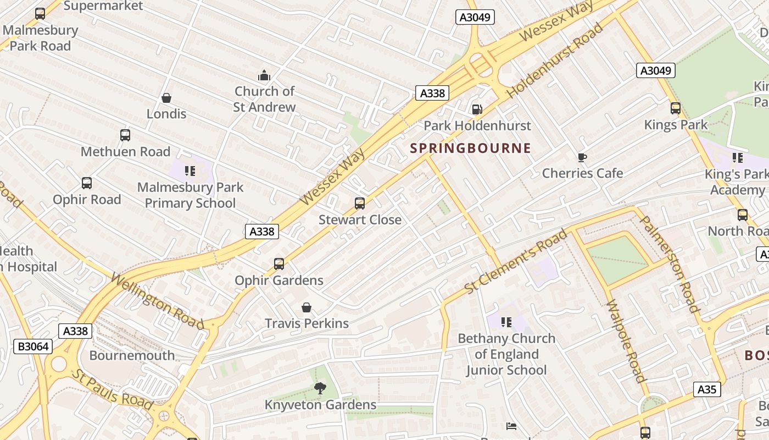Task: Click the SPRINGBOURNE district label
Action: (471, 148)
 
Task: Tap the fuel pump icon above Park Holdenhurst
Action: (477, 109)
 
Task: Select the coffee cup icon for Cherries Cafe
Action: (582, 158)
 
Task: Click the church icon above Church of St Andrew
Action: (264, 75)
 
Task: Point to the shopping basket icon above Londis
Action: (166, 98)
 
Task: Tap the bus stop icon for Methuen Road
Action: (125, 135)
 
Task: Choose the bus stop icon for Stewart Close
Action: (360, 204)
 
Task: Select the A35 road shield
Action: (706, 389)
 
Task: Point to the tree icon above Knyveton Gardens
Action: (320, 389)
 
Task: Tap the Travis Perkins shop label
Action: (307, 323)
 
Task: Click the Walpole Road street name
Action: (625, 341)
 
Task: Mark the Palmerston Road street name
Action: (670, 263)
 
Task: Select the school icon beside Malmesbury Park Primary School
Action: (190, 171)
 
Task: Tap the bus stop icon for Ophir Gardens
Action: (279, 264)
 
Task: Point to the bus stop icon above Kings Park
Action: (675, 108)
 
